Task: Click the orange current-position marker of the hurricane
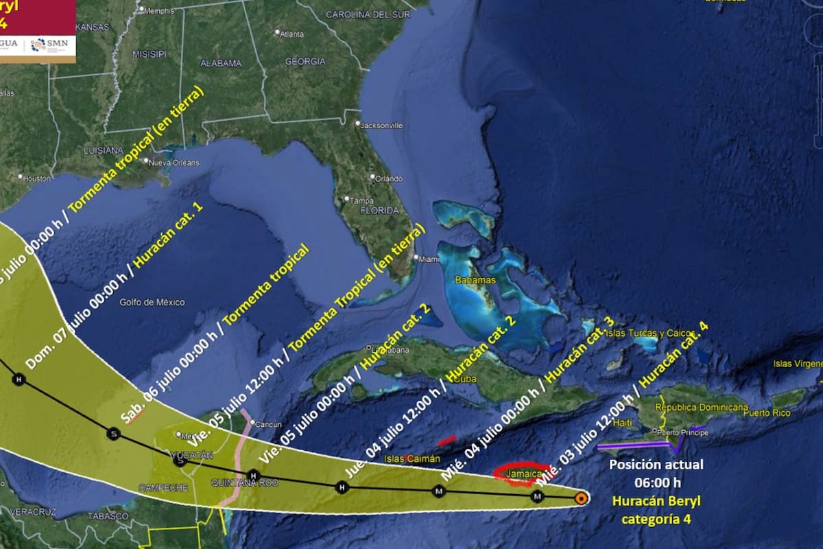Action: [x=581, y=498]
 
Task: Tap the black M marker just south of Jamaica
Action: [x=538, y=496]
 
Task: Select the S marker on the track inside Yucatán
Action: [x=181, y=462]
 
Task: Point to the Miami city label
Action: [x=429, y=259]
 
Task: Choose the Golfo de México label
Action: [x=152, y=302]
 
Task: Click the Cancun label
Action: [x=268, y=424]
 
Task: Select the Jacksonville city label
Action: [x=381, y=126]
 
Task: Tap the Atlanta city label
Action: [x=291, y=33]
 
